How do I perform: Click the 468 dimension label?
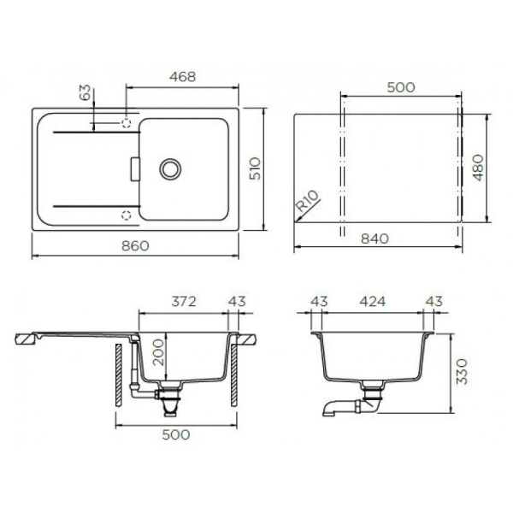[x=183, y=77]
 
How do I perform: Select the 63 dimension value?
[x=85, y=92]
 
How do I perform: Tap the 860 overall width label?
[x=135, y=245]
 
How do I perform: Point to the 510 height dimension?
[x=255, y=168]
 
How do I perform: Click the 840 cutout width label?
[x=375, y=239]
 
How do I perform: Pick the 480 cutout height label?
[x=478, y=168]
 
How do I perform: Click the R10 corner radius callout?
[x=307, y=201]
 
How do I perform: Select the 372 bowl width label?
[x=184, y=301]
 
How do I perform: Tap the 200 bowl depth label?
[x=158, y=352]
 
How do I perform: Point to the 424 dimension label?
[x=373, y=301]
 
